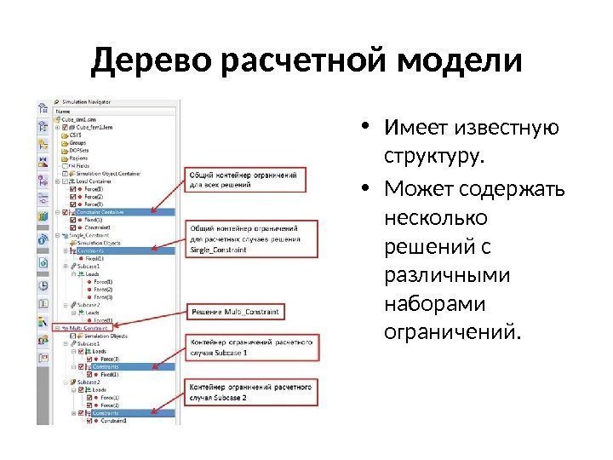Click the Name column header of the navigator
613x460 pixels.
(x=63, y=110)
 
